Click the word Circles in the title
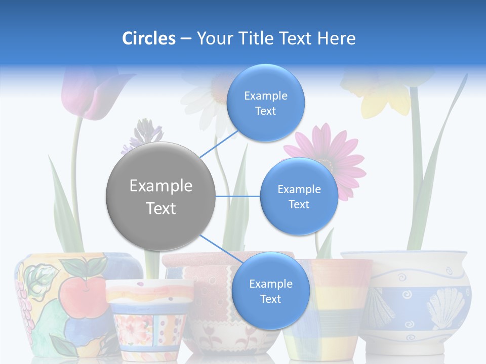(148, 38)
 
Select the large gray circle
(160, 196)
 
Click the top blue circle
(266, 103)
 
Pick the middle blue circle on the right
(299, 196)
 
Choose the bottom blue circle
(270, 291)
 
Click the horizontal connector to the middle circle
(238, 196)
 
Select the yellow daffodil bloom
(385, 94)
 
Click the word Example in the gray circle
(160, 186)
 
